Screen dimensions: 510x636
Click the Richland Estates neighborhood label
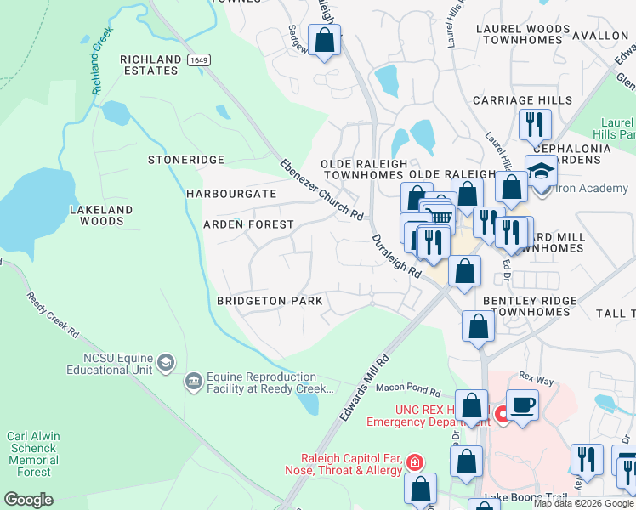(150, 65)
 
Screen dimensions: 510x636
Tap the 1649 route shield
(198, 59)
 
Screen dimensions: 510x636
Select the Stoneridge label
(185, 160)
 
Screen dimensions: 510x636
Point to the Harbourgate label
(232, 194)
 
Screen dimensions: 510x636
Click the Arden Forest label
(248, 224)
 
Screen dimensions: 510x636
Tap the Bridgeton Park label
(270, 301)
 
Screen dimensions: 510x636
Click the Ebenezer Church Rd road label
(322, 189)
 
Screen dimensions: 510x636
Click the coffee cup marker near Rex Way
(521, 403)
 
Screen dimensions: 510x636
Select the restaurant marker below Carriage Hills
(535, 124)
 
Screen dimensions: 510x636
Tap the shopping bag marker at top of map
(324, 39)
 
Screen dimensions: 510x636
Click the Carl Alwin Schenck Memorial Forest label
(33, 454)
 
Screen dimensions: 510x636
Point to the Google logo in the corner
(28, 500)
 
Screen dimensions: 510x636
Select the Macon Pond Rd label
(408, 392)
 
